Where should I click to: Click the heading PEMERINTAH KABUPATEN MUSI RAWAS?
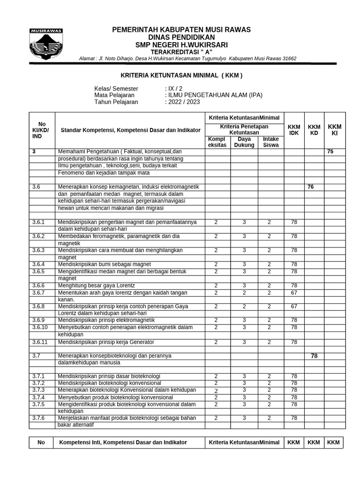[x=181, y=30]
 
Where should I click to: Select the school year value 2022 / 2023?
[x=183, y=102]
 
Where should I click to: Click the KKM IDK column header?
[x=294, y=130]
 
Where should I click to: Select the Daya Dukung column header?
[x=244, y=142]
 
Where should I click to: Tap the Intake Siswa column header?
[x=270, y=142]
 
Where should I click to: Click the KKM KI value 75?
[x=330, y=152]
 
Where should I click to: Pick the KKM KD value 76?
[x=310, y=187]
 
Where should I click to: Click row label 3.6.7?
[x=39, y=292]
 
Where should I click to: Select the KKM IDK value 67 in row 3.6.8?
[x=294, y=306]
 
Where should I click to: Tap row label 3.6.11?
[x=41, y=342]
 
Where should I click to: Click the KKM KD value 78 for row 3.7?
[x=314, y=356]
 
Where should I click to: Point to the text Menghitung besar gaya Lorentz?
[x=97, y=285]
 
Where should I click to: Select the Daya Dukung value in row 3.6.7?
[x=244, y=292]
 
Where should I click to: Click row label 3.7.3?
[x=39, y=390]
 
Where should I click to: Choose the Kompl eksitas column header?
[x=217, y=142]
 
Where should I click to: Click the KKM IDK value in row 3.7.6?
[x=294, y=418]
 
